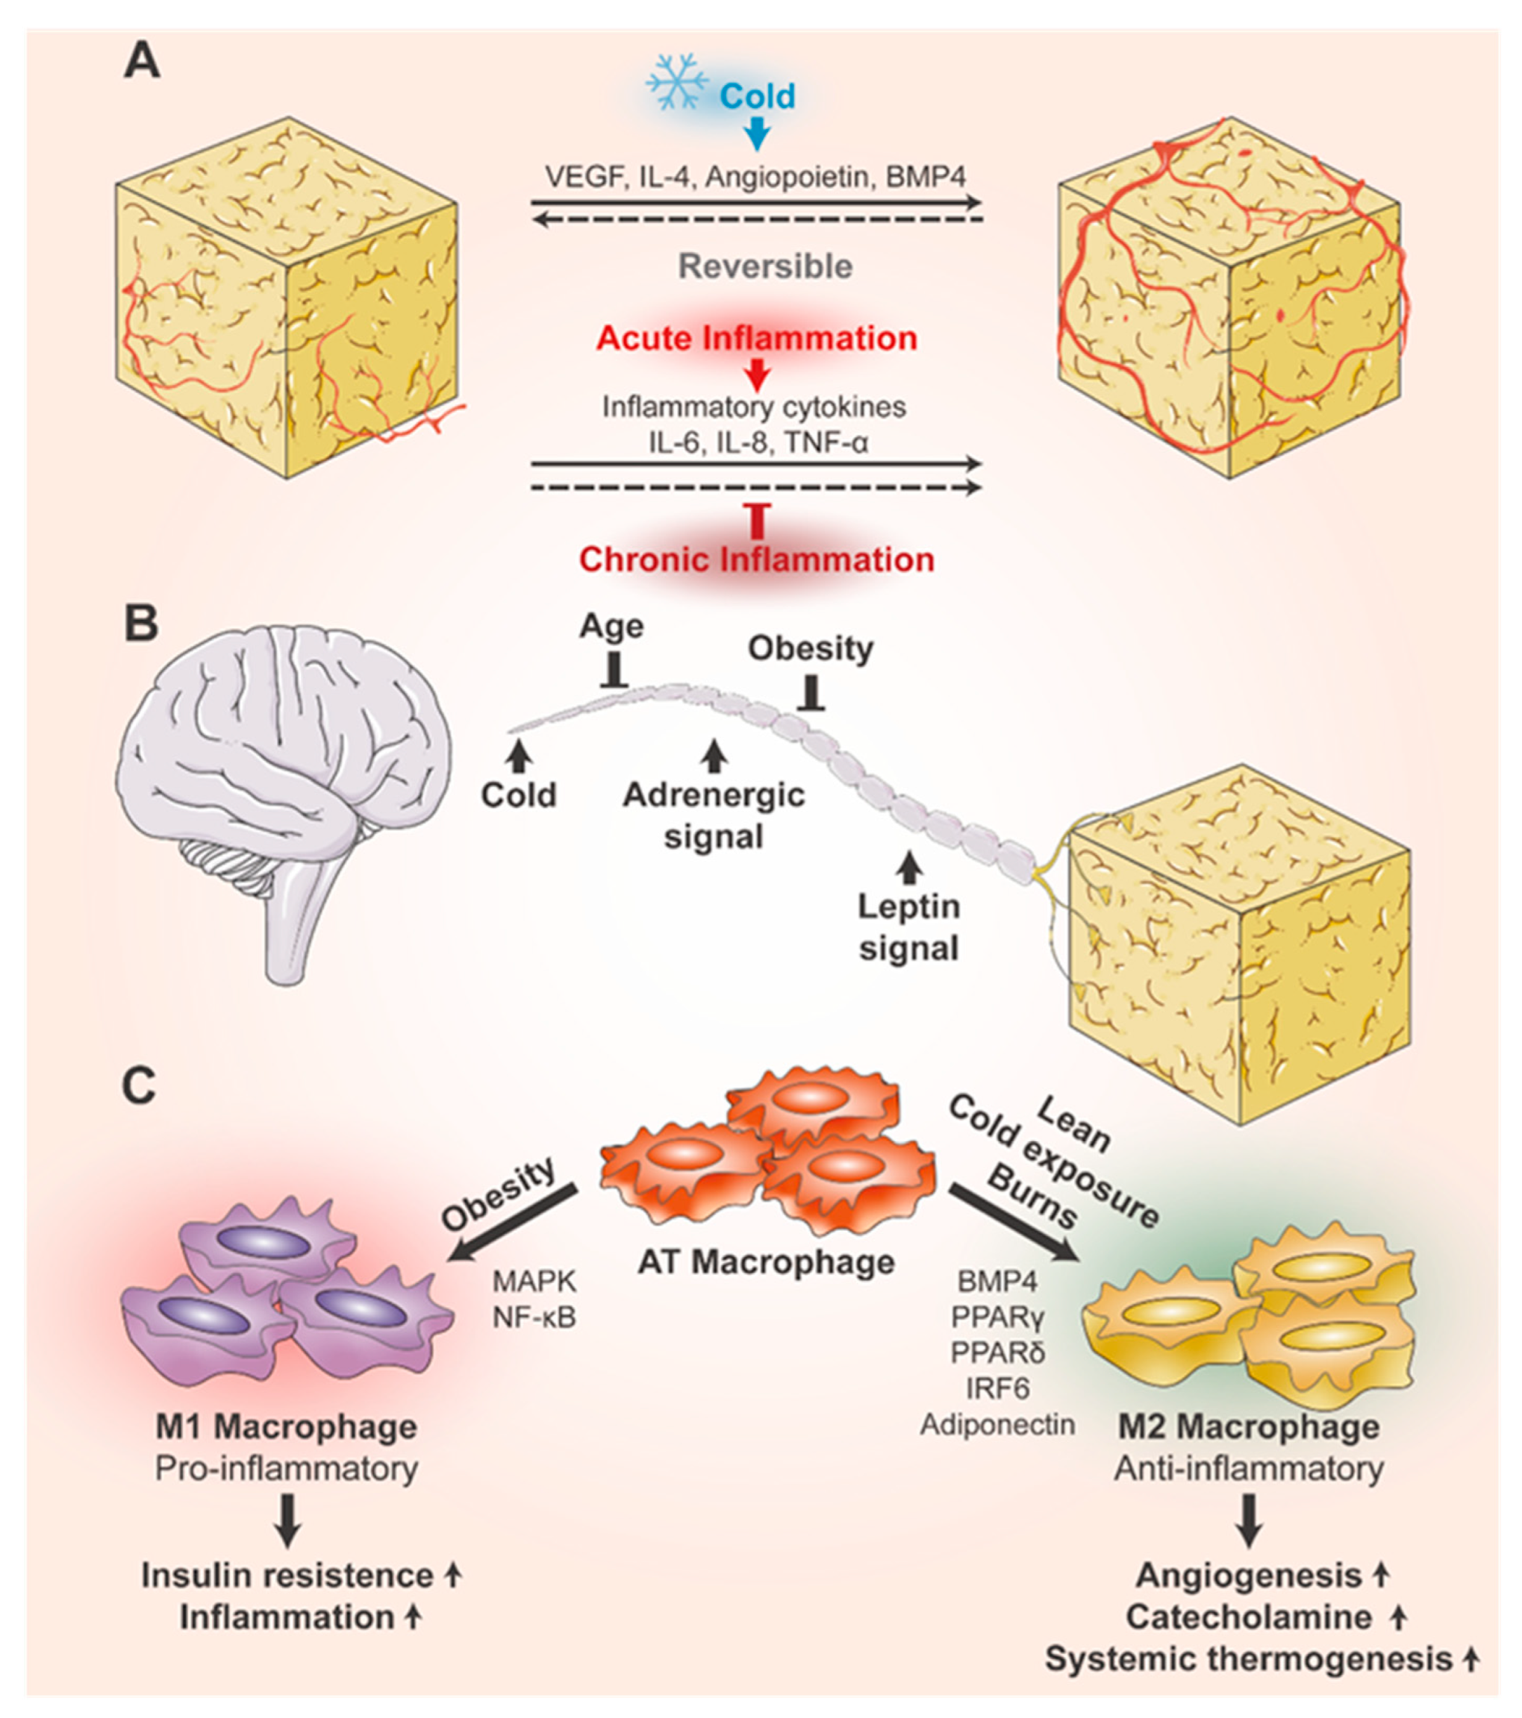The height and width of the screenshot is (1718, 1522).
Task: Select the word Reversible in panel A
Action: coord(765,266)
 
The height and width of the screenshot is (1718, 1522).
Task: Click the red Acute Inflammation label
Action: coord(757,339)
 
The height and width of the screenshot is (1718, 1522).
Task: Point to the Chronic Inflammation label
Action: coord(757,559)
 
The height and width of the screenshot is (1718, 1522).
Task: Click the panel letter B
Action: coord(140,625)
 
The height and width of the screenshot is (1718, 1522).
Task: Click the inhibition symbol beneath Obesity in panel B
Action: coord(811,695)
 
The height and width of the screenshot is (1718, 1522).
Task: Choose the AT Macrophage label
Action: coord(766,1261)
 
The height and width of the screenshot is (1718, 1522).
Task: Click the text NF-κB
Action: coord(534,1317)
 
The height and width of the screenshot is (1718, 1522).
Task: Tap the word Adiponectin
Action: coord(997,1424)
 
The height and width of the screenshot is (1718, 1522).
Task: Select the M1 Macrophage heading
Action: coord(286,1426)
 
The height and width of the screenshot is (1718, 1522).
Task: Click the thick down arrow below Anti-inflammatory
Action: coord(1250,1520)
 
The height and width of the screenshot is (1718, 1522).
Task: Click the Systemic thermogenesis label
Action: coord(1249,1659)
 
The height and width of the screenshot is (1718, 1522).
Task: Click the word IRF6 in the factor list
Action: coord(997,1388)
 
